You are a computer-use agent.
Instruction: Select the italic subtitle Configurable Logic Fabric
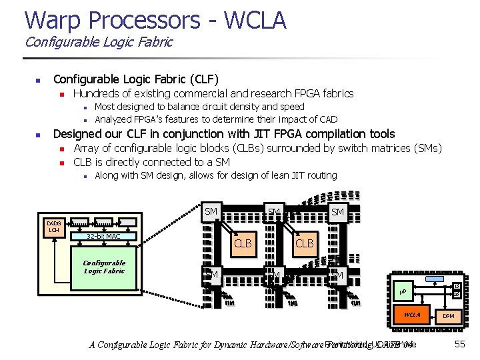(98, 42)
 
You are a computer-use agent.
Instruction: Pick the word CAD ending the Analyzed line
(328, 119)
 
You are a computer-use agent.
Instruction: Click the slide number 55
(459, 344)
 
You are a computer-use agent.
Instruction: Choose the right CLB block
(304, 243)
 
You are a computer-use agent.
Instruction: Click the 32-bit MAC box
(103, 236)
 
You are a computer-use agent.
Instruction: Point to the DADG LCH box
(53, 227)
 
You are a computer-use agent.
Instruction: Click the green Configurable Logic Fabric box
(104, 267)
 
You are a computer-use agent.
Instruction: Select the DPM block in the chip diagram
(448, 315)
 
